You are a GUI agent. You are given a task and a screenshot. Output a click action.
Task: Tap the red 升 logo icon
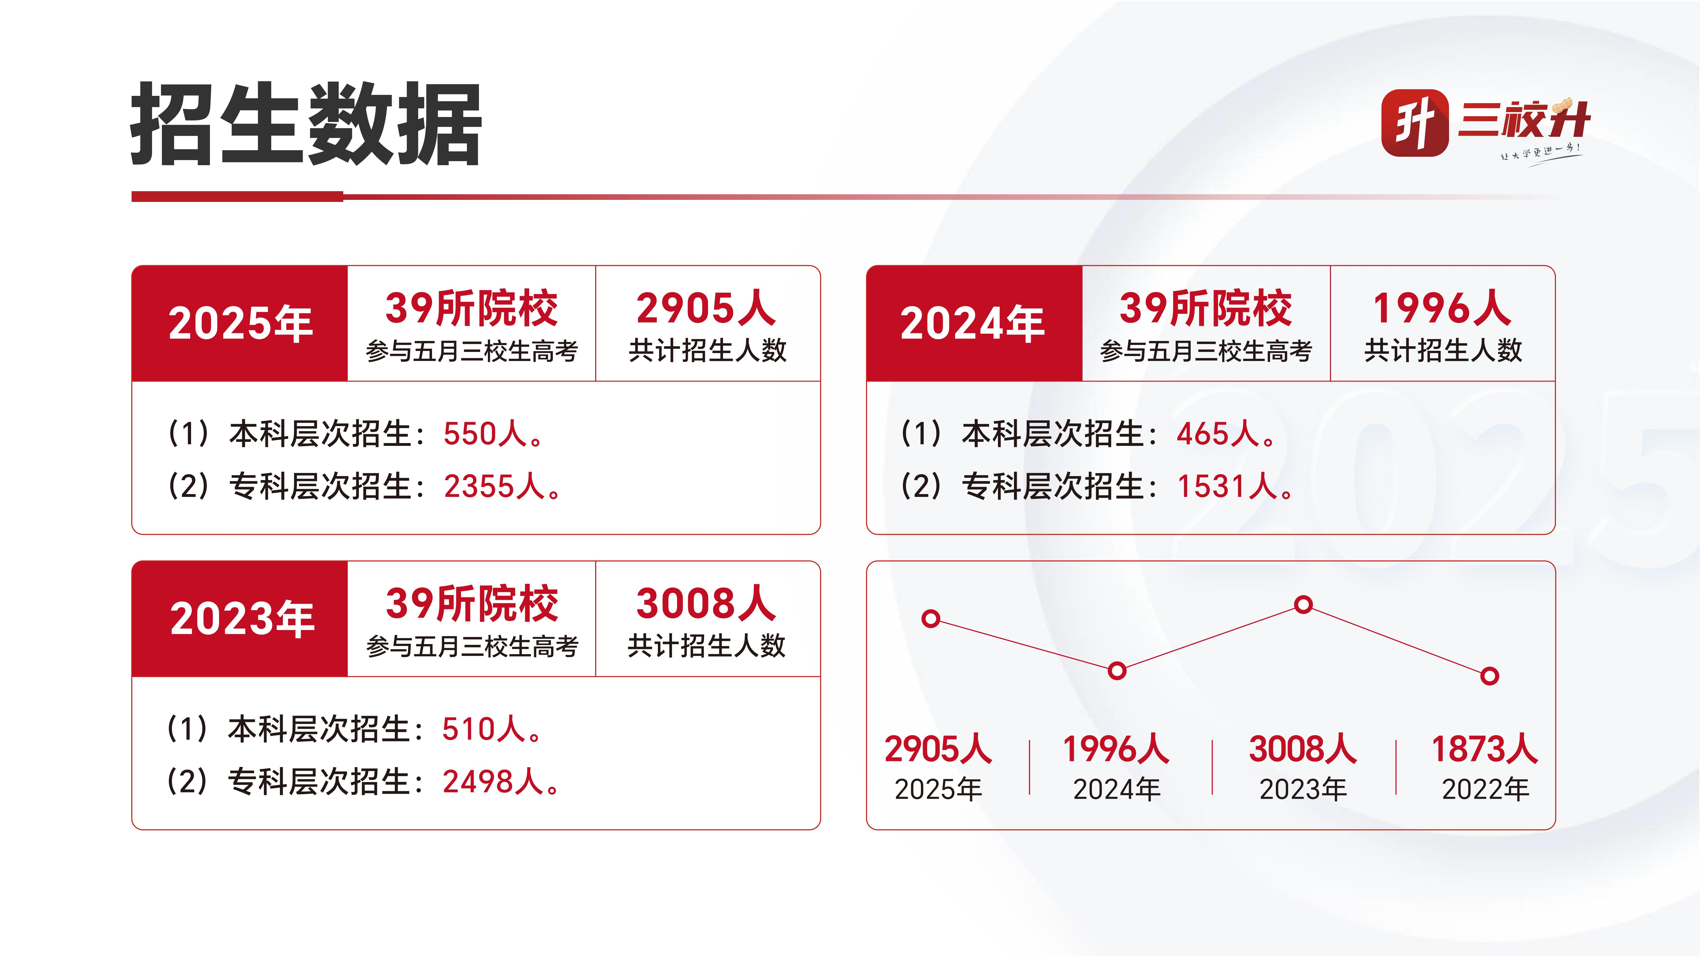click(x=1414, y=123)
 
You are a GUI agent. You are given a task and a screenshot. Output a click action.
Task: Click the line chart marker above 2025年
click(x=931, y=619)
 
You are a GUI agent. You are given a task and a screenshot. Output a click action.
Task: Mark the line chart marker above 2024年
click(x=1117, y=671)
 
